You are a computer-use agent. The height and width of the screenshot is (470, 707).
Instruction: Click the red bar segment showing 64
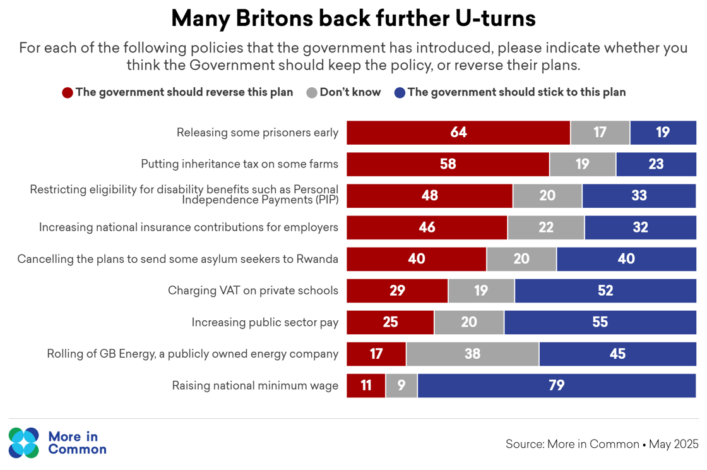(458, 133)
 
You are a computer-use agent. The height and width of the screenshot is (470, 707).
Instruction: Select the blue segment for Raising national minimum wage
(556, 385)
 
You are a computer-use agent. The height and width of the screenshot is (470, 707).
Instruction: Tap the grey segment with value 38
(472, 354)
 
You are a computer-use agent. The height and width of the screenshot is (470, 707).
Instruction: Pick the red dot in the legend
(68, 93)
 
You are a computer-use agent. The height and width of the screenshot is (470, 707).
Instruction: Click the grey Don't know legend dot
(311, 93)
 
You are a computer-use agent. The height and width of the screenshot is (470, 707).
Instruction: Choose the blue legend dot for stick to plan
(400, 93)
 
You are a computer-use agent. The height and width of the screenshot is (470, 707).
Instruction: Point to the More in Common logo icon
(24, 442)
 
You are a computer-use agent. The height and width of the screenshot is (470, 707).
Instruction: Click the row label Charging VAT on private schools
(253, 291)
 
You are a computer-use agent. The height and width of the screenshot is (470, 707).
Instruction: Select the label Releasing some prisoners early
(258, 133)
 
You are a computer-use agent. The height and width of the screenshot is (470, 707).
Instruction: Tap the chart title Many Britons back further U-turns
(353, 18)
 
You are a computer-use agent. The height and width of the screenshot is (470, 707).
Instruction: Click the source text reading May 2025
(674, 444)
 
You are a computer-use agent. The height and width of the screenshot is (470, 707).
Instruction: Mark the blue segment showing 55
(600, 322)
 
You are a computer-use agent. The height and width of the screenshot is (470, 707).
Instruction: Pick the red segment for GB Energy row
(376, 354)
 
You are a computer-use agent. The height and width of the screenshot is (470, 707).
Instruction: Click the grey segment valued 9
(401, 385)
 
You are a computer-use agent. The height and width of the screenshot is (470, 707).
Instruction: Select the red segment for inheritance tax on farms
(448, 164)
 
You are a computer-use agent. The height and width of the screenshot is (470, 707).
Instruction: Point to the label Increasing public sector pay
(265, 322)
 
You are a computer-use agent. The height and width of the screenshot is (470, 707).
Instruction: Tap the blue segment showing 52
(605, 291)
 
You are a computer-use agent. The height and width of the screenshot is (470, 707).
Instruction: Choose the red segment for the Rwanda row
(417, 259)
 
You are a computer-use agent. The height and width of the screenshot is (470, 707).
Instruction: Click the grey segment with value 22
(546, 227)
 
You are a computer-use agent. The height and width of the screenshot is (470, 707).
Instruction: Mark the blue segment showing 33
(639, 196)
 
